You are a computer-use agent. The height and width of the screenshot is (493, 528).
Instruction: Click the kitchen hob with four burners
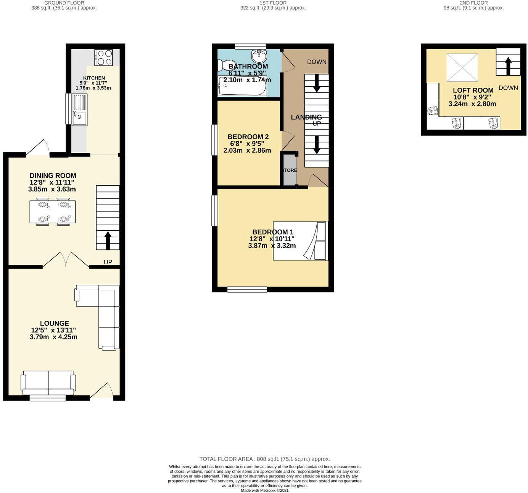(104, 58)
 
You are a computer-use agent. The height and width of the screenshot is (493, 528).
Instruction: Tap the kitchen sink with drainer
(80, 110)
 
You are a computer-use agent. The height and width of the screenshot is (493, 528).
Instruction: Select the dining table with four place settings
(53, 212)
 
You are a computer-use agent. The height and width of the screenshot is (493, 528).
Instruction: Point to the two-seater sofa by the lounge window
(48, 383)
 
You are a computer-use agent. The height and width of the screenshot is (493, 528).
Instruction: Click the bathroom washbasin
(259, 56)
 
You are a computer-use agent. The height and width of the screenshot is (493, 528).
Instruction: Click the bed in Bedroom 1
(300, 241)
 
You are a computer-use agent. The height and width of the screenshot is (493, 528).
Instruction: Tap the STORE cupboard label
(290, 170)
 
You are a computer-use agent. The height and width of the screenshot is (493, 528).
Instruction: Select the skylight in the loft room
(462, 68)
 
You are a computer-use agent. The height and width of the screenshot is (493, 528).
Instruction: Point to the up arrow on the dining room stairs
(108, 240)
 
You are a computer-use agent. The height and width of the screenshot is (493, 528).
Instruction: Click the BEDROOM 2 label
(248, 137)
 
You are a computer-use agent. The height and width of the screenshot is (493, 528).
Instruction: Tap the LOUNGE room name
(55, 323)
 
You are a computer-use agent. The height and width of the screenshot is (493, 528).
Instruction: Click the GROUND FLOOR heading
(64, 3)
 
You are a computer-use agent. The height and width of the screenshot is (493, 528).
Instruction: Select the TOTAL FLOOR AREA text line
(264, 459)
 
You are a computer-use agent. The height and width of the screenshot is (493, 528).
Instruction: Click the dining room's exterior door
(38, 149)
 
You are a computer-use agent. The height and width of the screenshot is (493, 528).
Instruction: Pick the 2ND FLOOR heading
(473, 3)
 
